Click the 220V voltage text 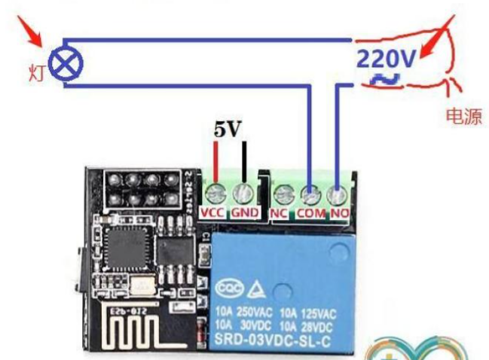(386, 57)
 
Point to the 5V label (228, 130)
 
